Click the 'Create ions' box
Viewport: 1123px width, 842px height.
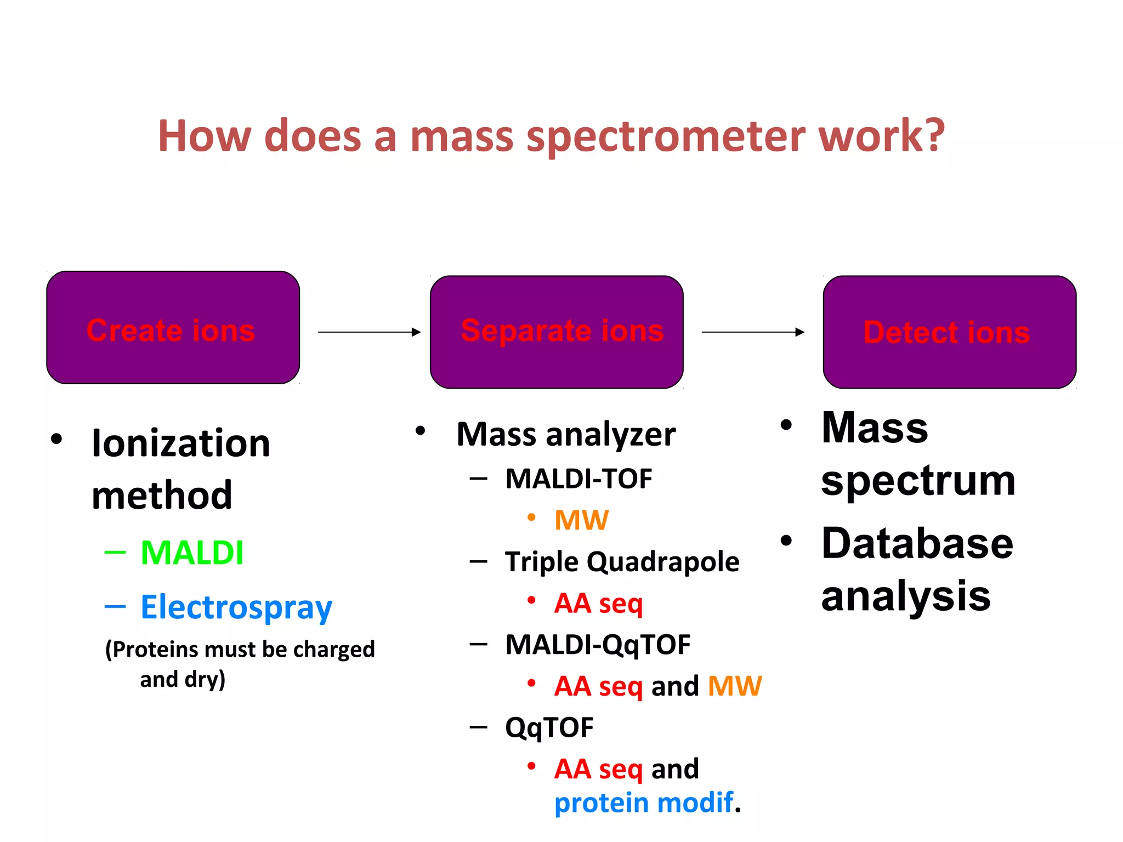click(x=173, y=328)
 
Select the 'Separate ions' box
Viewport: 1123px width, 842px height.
click(x=557, y=332)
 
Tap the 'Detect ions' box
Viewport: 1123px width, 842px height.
click(x=949, y=332)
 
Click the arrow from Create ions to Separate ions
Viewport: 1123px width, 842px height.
click(x=368, y=332)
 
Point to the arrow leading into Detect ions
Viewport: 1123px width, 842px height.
click(x=752, y=332)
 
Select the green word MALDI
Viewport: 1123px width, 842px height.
click(x=192, y=553)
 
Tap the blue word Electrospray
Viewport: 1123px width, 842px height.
click(x=236, y=607)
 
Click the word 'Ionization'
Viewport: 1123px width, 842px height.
click(x=181, y=443)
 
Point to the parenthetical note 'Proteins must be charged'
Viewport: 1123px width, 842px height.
click(x=240, y=650)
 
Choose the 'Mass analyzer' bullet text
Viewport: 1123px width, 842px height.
click(x=566, y=435)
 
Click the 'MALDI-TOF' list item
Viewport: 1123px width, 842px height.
click(x=578, y=479)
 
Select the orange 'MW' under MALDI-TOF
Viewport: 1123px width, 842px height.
click(x=581, y=520)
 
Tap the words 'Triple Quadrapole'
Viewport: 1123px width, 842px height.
click(x=622, y=562)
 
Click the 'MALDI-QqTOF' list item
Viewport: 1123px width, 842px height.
click(x=598, y=645)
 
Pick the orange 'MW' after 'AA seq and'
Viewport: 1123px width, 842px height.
click(x=735, y=686)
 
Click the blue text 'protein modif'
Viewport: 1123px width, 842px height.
click(x=644, y=803)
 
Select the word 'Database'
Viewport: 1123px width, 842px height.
click(x=917, y=544)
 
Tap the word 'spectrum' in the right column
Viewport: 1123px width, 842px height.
click(x=918, y=481)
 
